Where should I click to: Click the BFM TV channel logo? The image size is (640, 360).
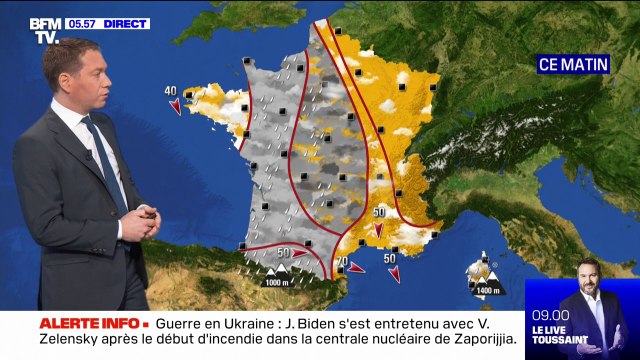click(43, 29)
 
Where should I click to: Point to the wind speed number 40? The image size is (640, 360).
click(171, 91)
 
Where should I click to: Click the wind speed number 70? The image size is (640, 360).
click(341, 263)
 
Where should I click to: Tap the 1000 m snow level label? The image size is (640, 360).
click(277, 283)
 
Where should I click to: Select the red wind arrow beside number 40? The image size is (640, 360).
click(176, 104)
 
